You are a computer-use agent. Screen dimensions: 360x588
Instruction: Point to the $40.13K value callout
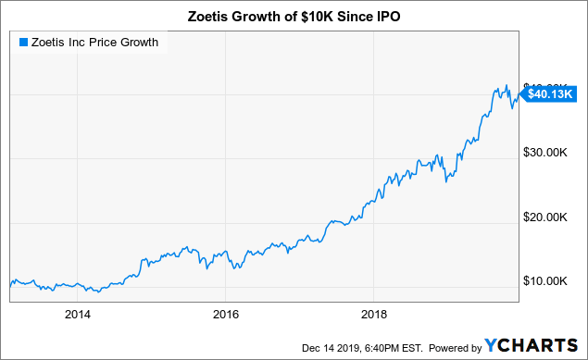(x=550, y=93)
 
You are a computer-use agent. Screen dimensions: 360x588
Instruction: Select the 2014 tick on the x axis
(x=79, y=314)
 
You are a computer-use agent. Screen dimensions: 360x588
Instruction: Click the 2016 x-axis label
(x=226, y=314)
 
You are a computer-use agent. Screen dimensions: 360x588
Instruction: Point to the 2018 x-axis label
(x=373, y=314)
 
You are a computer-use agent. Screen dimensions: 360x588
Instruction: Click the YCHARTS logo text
(x=535, y=347)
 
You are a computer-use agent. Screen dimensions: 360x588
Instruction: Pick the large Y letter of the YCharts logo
(x=494, y=347)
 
